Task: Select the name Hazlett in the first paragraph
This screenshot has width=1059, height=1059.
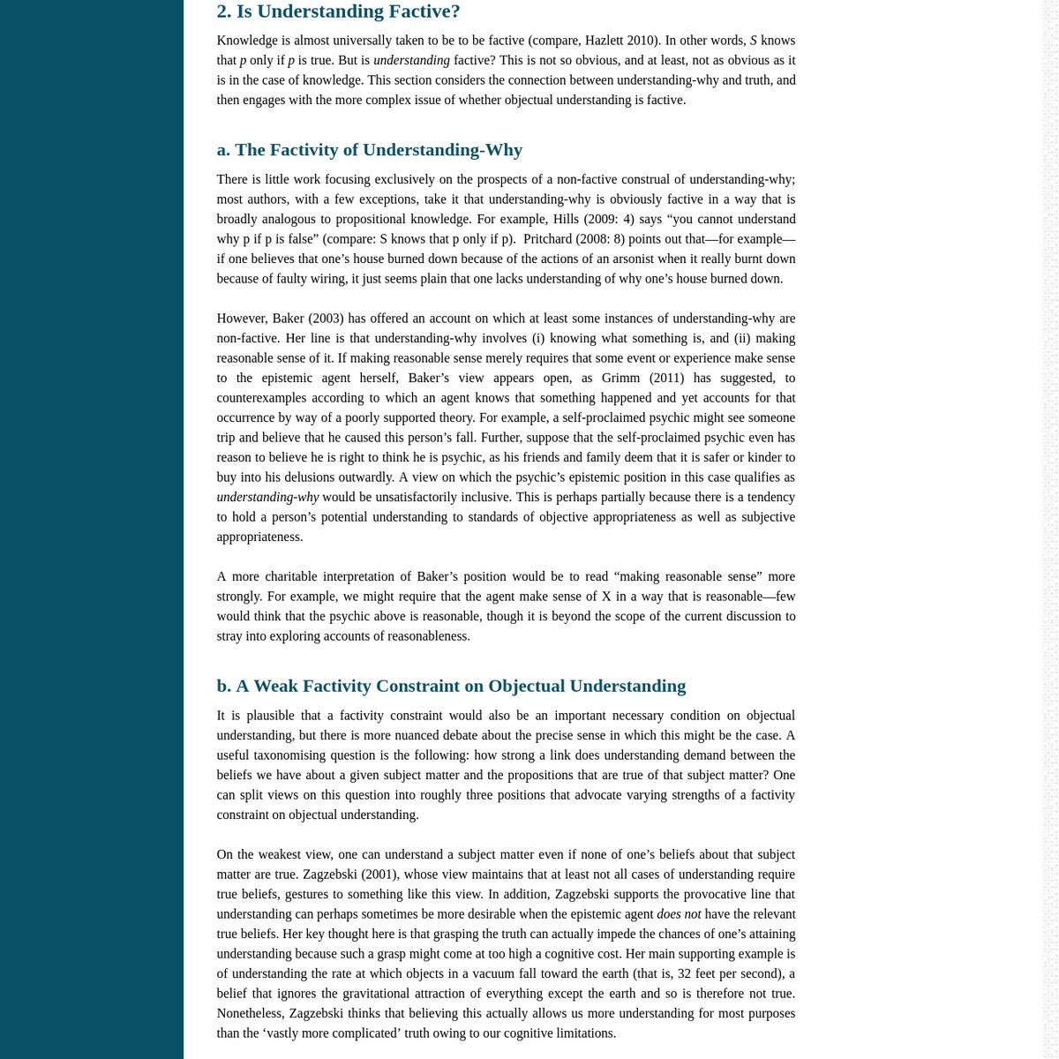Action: pyautogui.click(x=604, y=41)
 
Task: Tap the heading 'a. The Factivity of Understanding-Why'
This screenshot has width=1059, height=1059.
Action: pyautogui.click(x=369, y=150)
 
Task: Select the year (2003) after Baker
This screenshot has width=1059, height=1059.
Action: pyautogui.click(x=326, y=319)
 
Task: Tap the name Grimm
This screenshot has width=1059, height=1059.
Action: pyautogui.click(x=621, y=378)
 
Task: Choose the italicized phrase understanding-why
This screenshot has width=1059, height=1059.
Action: pyautogui.click(x=267, y=498)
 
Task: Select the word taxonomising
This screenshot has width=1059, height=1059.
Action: pyautogui.click(x=297, y=755)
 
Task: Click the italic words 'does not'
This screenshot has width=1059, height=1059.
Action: pyautogui.click(x=679, y=914)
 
